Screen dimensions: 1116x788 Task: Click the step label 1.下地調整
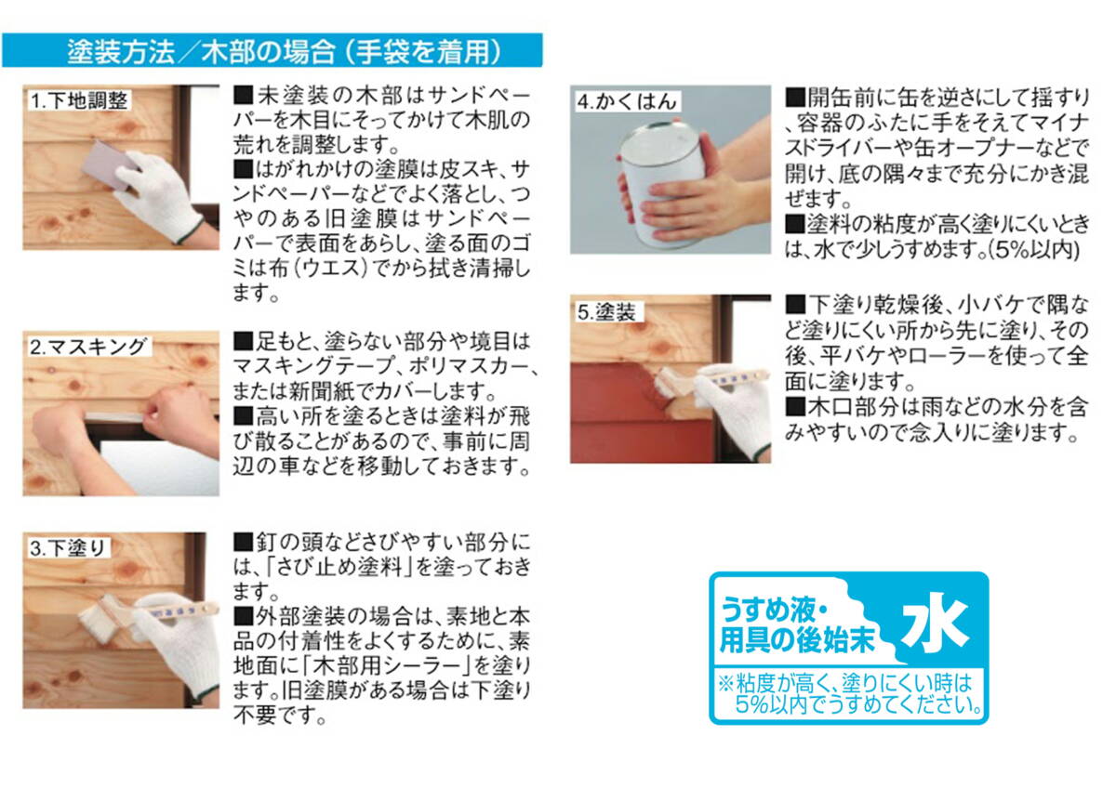coord(79,100)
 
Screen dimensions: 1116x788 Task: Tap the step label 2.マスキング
coord(88,347)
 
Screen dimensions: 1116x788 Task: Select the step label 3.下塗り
coord(67,548)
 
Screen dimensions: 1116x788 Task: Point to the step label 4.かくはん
coord(627,101)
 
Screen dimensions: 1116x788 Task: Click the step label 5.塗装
coord(606,312)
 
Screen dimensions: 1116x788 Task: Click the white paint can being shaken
coord(661,184)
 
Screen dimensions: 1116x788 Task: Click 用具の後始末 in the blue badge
coord(797,640)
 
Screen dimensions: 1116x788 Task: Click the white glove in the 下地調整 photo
coord(158,195)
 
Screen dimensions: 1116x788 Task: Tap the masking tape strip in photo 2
coord(114,416)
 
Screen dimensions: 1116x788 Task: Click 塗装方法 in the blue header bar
coord(121,51)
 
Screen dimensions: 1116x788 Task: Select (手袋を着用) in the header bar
coord(422,51)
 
